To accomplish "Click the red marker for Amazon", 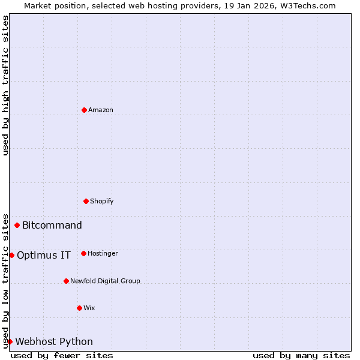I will click(84, 110).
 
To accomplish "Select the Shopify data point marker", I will click(86, 201).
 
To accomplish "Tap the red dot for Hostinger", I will click(83, 253).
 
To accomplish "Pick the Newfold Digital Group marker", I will click(66, 281).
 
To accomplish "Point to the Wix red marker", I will click(79, 308).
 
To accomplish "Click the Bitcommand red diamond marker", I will click(17, 225).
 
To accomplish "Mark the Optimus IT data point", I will click(11, 255).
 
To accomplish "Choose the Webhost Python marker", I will click(10, 341).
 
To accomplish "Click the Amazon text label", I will click(101, 110).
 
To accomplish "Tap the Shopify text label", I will click(102, 202).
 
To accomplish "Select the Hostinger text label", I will click(103, 254).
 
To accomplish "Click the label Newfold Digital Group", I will click(105, 281).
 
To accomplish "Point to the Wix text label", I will click(89, 308).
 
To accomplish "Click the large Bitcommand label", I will click(52, 226).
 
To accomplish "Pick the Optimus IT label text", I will click(44, 256).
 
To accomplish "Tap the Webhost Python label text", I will click(54, 342).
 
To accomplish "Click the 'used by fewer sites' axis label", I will click(62, 356).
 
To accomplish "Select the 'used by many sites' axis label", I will click(301, 356).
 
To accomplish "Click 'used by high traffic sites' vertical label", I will click(5, 85).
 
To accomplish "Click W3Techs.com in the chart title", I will click(306, 5).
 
